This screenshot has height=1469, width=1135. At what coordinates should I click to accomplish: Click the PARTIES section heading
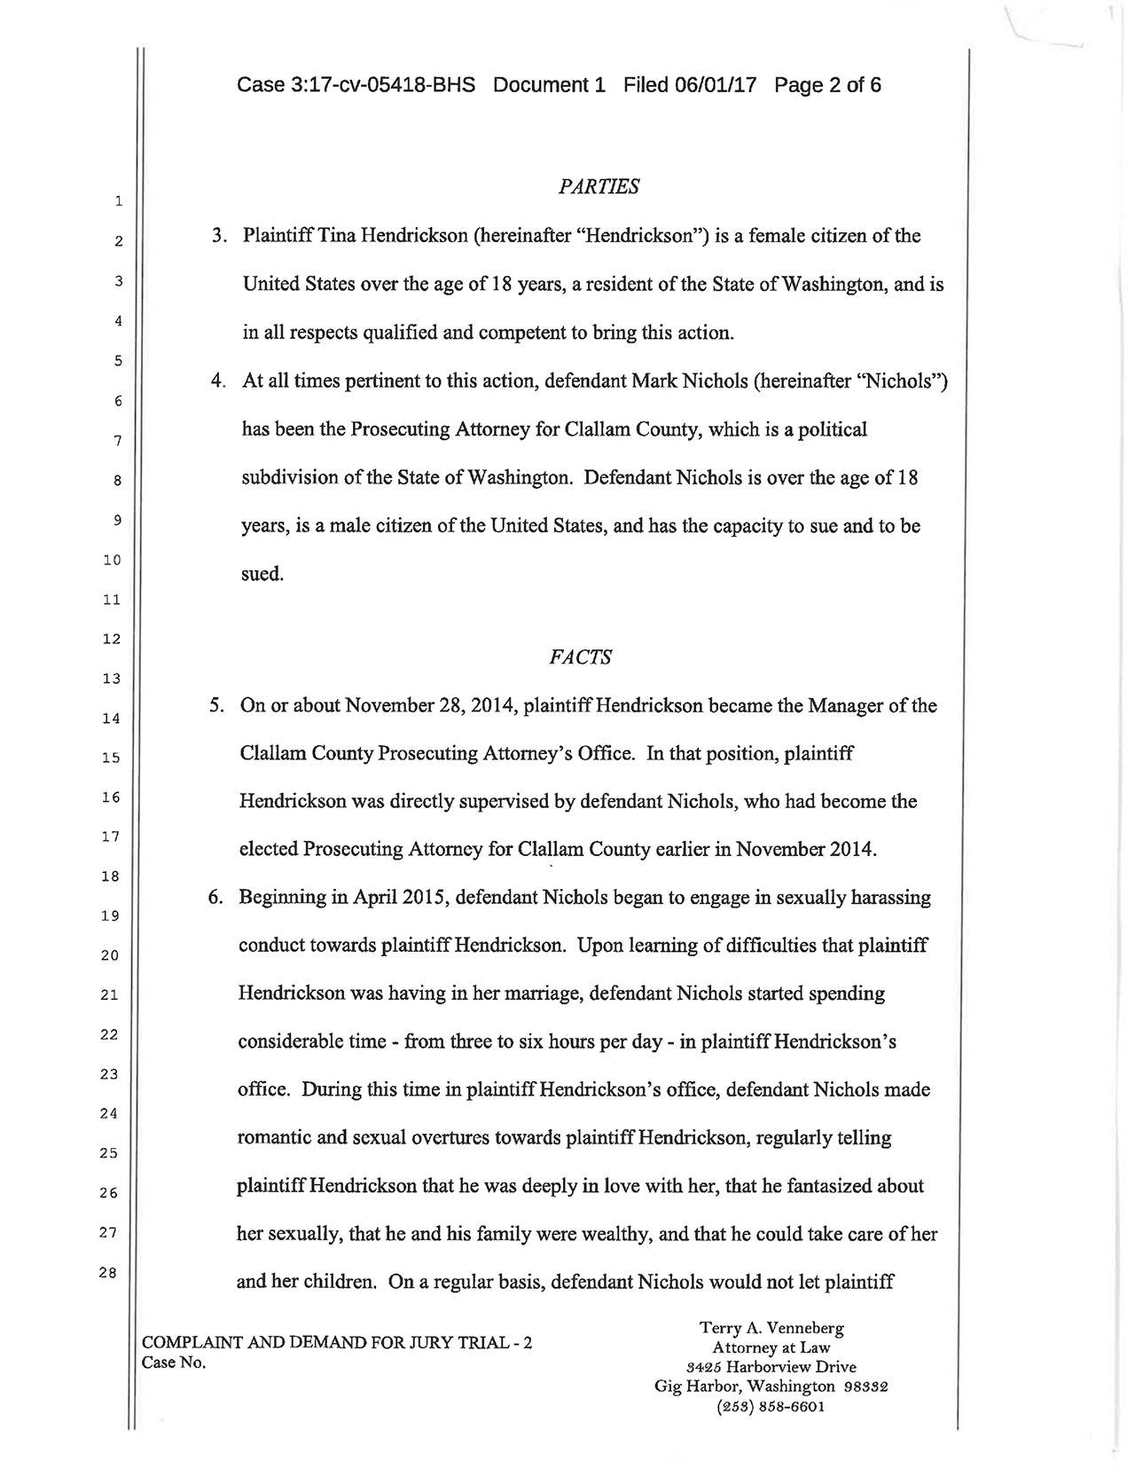(x=599, y=187)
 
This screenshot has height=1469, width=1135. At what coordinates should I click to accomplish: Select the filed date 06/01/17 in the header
(x=715, y=85)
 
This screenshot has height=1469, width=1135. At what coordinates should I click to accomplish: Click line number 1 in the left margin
(x=117, y=202)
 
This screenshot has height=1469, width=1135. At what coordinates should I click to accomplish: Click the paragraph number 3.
(x=217, y=237)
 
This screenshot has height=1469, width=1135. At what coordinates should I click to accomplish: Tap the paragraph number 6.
(x=215, y=898)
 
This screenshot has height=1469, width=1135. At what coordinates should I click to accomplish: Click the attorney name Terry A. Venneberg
(x=771, y=1328)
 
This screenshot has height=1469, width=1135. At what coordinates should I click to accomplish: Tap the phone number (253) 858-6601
(x=771, y=1406)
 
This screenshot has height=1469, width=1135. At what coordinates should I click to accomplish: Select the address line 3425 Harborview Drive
(x=771, y=1367)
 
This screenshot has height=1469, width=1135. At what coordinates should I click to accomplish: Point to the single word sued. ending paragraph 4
(x=262, y=574)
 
